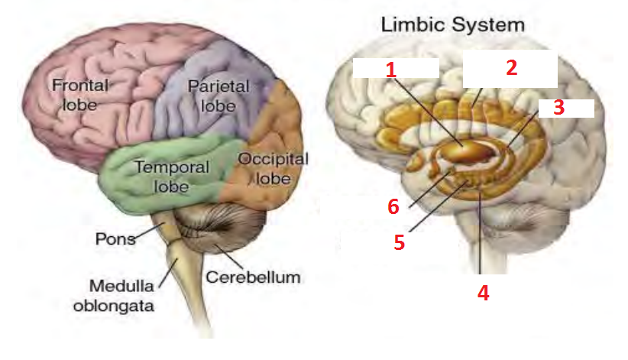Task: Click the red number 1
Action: pos(391,70)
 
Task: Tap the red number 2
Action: pos(511,67)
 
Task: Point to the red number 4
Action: pos(483,293)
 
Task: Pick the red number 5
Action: pos(398,242)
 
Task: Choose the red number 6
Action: pos(393,206)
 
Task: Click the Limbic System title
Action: pos(453,24)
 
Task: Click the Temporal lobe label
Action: pos(160,175)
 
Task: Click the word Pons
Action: pos(115,238)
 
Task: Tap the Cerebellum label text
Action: pos(253,276)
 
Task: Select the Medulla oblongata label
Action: pos(123,297)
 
